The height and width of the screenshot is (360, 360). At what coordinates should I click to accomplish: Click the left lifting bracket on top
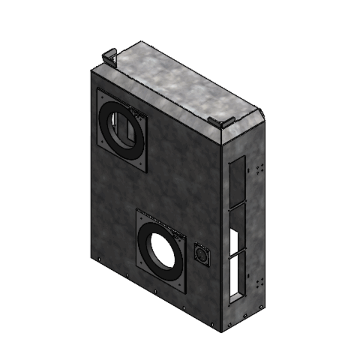coord(110,58)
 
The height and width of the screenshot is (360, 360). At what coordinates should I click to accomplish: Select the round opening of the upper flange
coord(124,128)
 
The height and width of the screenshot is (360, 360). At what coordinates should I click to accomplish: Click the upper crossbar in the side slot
coord(236,205)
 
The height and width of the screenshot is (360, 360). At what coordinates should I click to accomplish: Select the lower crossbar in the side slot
coord(236,253)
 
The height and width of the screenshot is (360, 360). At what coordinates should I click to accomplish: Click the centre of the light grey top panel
coord(180,84)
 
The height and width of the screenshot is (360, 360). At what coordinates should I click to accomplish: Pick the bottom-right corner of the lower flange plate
coord(187,293)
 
